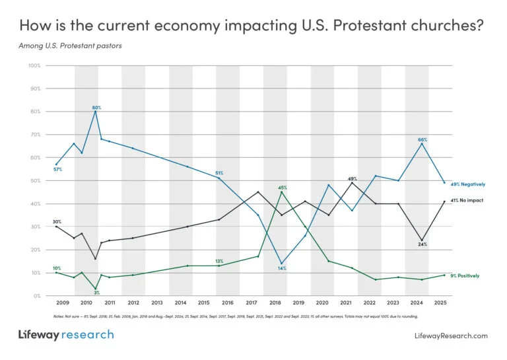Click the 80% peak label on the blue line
pyautogui.click(x=96, y=106)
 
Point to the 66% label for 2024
pyautogui.click(x=422, y=139)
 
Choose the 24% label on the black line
pyautogui.click(x=422, y=244)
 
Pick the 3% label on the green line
pyautogui.click(x=96, y=292)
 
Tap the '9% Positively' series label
pyautogui.click(x=464, y=275)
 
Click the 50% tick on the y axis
pyautogui.click(x=35, y=180)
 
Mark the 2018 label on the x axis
pyautogui.click(x=275, y=302)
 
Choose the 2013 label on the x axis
pyautogui.click(x=157, y=302)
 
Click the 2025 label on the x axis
pyautogui.click(x=441, y=302)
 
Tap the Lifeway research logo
pyautogui.click(x=66, y=335)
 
